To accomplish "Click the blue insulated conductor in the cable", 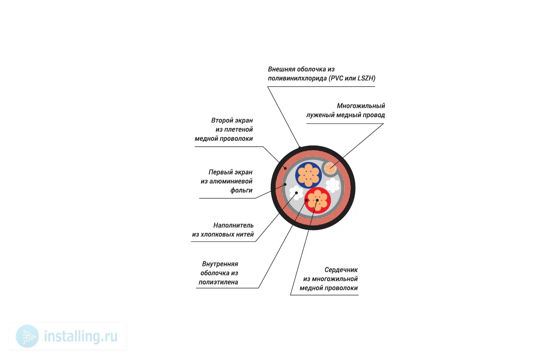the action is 308,175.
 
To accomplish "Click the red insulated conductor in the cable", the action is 318,200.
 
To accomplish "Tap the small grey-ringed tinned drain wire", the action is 330,168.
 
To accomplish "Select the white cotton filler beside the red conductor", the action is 296,193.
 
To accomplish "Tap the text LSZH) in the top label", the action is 366,78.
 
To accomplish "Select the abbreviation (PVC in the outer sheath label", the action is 336,78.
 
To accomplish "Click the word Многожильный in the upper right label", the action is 361,106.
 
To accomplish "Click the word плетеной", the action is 238,130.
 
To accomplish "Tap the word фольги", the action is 241,190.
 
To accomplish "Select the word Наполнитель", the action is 234,226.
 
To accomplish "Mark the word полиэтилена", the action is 218,282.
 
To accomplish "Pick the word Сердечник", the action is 341,270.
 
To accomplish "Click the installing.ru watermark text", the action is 81,336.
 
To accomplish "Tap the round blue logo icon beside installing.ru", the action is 27,336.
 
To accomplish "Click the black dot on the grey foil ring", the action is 285,184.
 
